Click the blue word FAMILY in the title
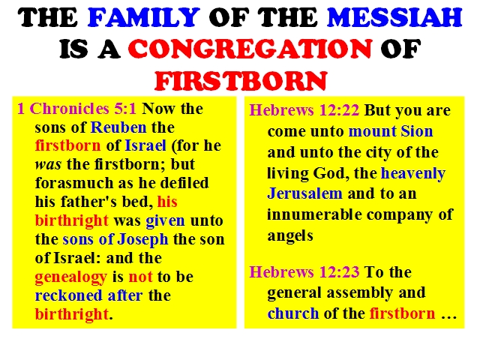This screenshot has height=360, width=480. click(143, 17)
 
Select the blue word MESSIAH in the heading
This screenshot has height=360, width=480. click(394, 17)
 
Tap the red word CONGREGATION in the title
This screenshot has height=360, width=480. click(250, 48)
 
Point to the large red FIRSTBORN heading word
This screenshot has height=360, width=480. click(241, 80)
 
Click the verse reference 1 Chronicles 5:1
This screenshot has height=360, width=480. click(76, 109)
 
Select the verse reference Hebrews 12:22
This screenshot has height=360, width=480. click(304, 110)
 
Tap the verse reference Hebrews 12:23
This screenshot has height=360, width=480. click(304, 271)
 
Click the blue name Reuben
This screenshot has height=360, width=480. click(118, 127)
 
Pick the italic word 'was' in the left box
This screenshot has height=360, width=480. click(48, 165)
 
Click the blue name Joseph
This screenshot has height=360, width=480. click(142, 240)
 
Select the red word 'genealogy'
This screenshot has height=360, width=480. click(71, 277)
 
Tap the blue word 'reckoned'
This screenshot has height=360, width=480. click(68, 295)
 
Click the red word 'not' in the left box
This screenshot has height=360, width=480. click(140, 277)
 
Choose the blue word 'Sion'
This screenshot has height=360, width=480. click(417, 131)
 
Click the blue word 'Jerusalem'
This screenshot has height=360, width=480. click(304, 193)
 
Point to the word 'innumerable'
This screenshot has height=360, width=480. click(314, 214)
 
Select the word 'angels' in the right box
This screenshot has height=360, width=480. click(290, 236)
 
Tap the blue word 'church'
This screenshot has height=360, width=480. click(293, 313)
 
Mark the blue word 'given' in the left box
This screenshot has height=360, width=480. click(165, 221)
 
